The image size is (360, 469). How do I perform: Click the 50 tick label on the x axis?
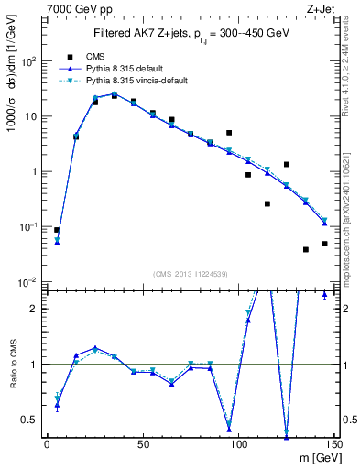[x=142, y=444]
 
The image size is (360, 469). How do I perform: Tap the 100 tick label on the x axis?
[x=238, y=444]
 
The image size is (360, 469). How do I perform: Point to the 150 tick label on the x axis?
[x=333, y=444]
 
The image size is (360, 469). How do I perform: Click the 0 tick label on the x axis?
[x=47, y=444]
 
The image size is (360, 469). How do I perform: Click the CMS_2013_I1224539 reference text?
[x=190, y=274]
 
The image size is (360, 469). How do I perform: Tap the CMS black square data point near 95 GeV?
[x=229, y=133]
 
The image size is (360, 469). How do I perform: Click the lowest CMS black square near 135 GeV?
[x=306, y=249]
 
